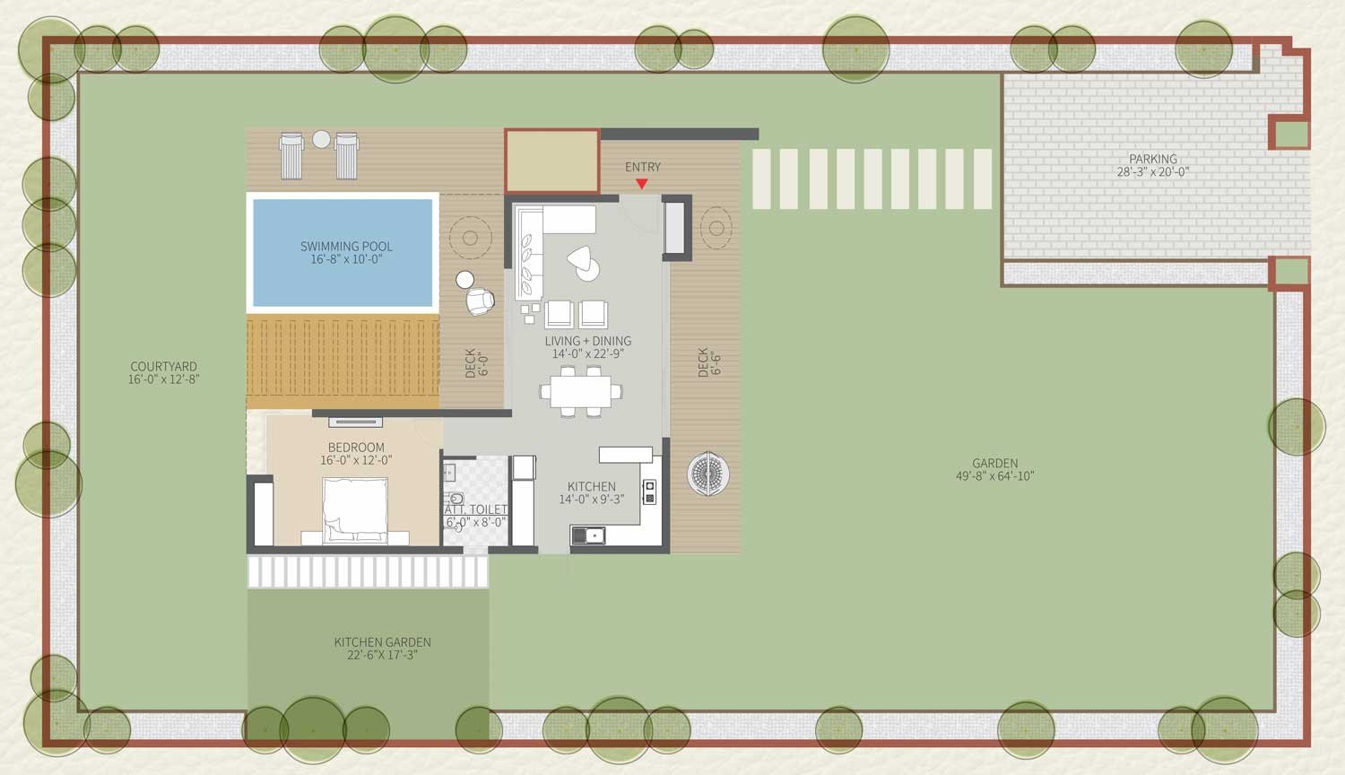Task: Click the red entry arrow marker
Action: pos(642,184)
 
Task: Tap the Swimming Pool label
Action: pos(346,247)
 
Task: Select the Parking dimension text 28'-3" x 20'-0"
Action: pos(1153,172)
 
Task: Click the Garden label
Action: pos(995,463)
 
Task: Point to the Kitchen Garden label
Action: pos(383,642)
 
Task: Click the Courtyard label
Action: pos(163,367)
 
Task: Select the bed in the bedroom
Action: pos(355,510)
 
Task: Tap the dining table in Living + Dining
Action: pos(581,392)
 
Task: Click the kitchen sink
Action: pos(588,535)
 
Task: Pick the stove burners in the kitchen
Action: pos(649,492)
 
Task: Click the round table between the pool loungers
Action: pos(321,139)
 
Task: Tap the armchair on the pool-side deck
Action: pos(480,301)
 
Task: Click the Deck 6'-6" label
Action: pos(709,362)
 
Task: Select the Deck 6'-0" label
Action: pos(476,363)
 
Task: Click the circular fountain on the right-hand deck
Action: pos(708,474)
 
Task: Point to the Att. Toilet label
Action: pos(475,510)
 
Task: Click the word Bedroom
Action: pos(356,448)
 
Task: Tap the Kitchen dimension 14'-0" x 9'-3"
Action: pos(592,500)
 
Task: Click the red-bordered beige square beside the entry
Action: pos(551,161)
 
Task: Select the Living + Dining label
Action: pos(588,341)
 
